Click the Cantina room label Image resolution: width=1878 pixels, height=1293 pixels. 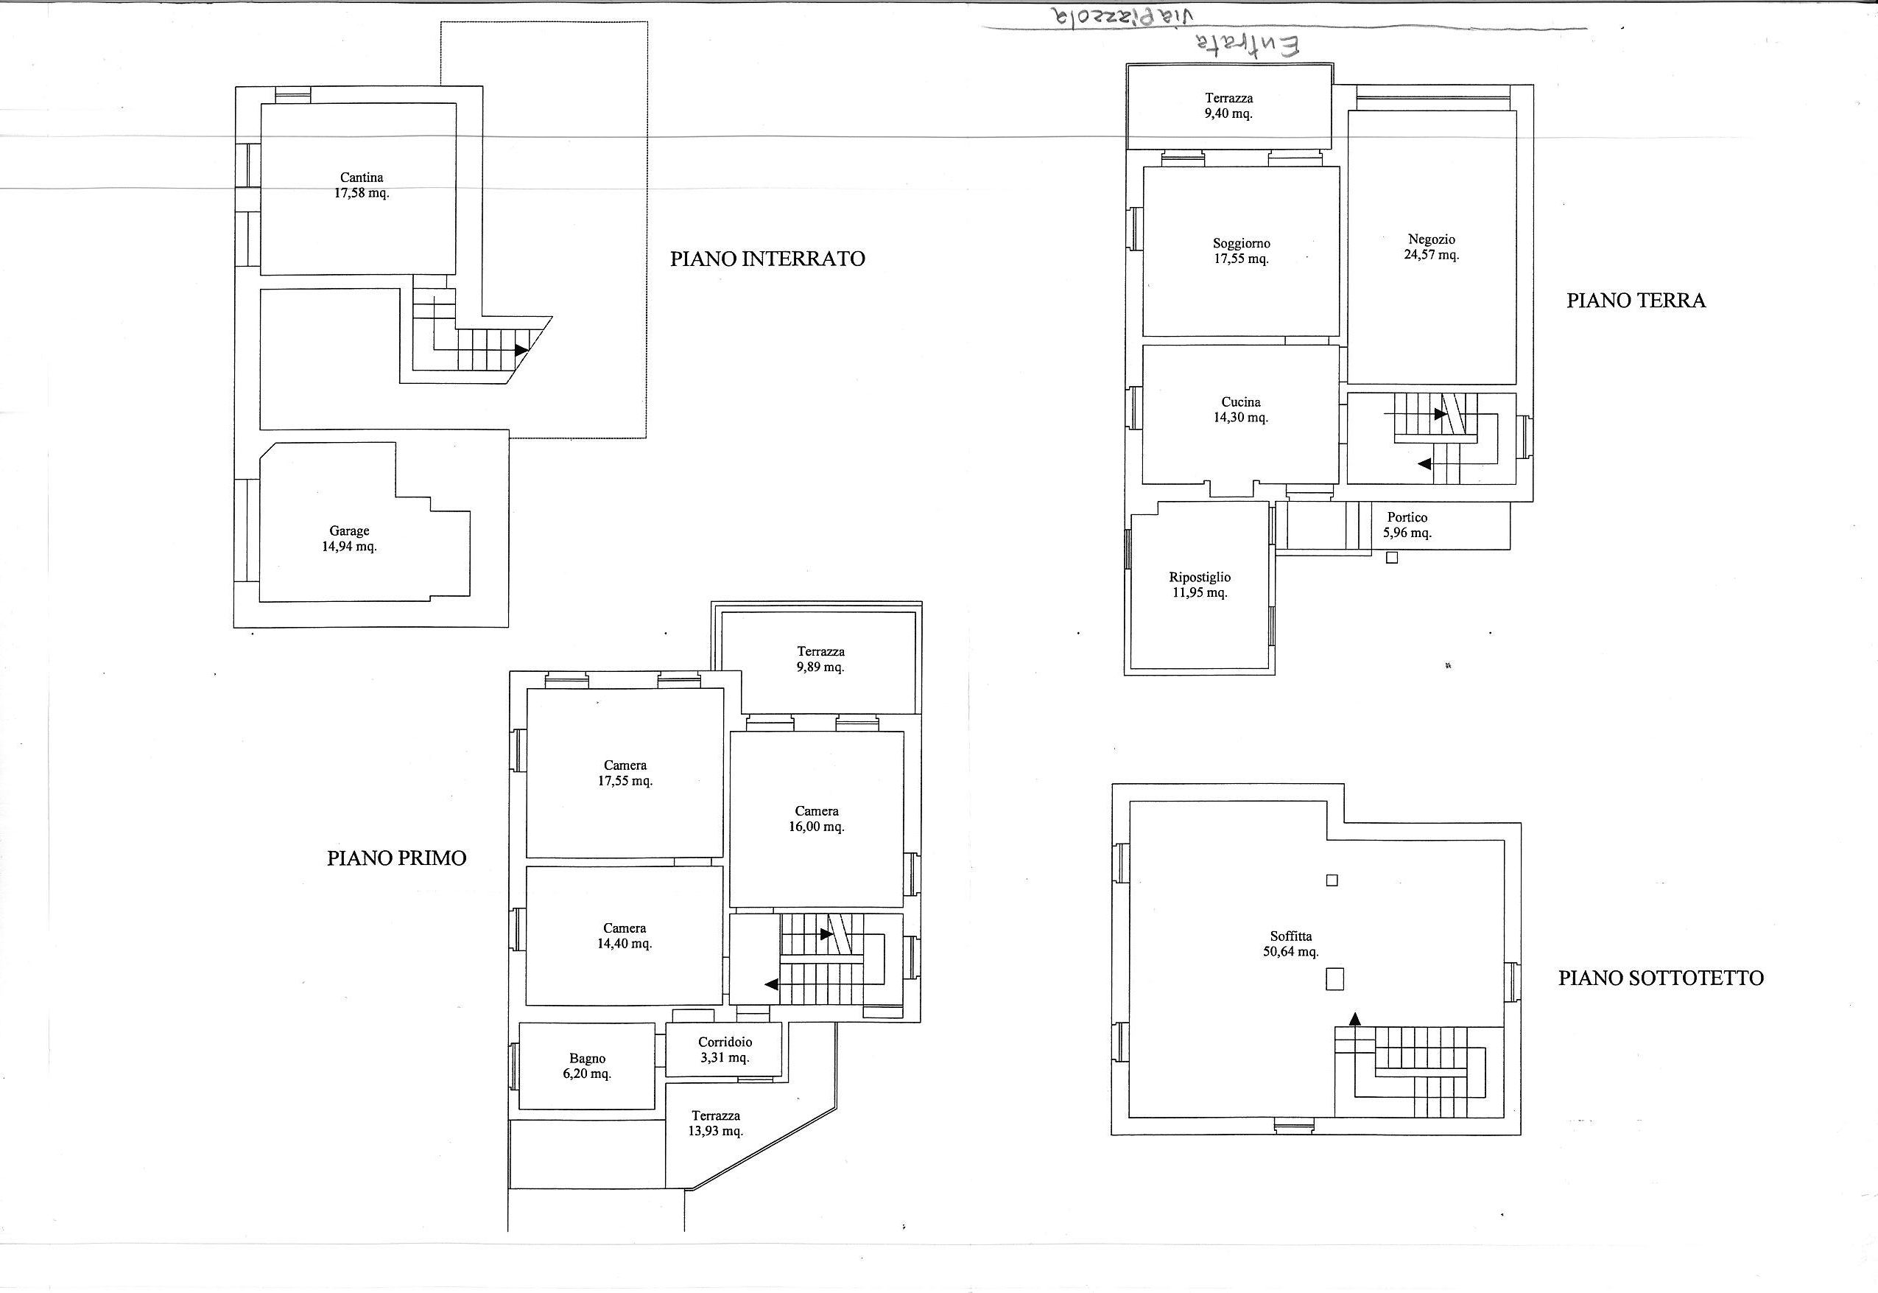(x=362, y=186)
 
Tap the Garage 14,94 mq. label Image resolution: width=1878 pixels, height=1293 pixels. (x=349, y=539)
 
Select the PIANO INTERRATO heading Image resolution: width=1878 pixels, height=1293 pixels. (x=767, y=259)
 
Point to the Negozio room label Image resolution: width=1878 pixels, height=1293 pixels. (x=1432, y=247)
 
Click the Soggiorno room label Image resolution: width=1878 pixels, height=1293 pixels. (x=1242, y=251)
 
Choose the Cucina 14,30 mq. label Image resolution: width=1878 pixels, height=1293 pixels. (x=1241, y=410)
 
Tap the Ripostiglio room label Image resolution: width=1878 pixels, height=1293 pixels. (x=1200, y=585)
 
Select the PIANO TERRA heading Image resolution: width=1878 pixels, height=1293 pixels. (x=1636, y=301)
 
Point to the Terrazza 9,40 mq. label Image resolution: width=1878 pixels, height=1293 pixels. (x=1228, y=106)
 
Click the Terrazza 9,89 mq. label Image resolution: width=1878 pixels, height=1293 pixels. (x=820, y=659)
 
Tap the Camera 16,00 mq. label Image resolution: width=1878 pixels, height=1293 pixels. (x=816, y=819)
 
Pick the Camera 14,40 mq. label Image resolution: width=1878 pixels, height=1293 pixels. (x=625, y=936)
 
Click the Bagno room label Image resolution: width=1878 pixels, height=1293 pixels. (x=587, y=1066)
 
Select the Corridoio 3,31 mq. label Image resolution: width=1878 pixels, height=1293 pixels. (x=725, y=1050)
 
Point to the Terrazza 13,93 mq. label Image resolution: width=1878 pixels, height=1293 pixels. (x=715, y=1124)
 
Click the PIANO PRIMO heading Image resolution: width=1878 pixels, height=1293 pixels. (x=397, y=859)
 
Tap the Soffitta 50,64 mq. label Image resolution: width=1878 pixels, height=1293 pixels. (x=1291, y=944)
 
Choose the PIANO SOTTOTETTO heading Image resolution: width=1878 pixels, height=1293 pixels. (x=1661, y=978)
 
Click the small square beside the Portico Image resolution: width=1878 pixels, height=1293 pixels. (x=1391, y=558)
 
